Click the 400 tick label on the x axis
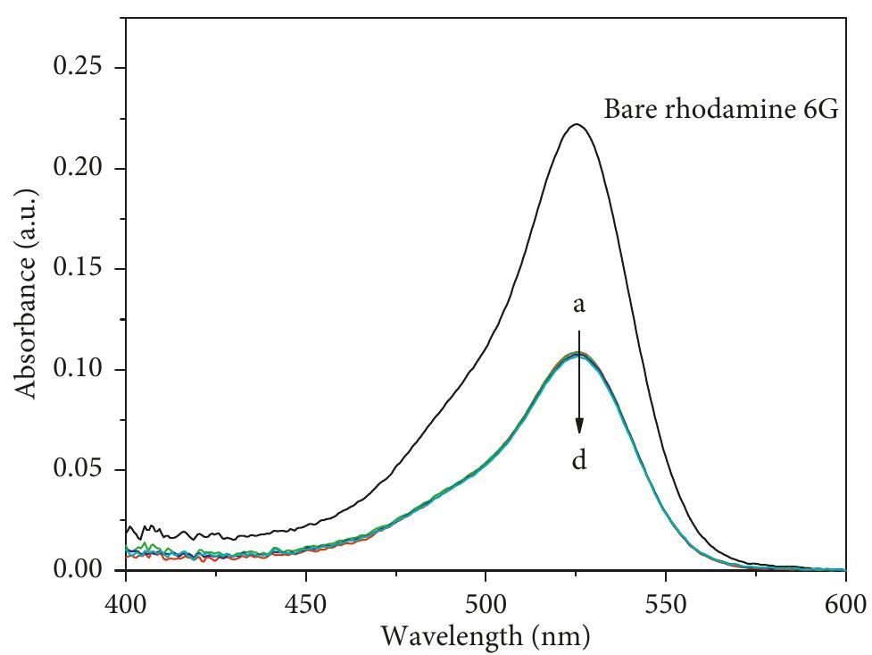click(127, 605)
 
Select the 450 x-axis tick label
click(306, 605)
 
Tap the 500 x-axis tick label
click(486, 605)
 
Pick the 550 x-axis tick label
click(666, 605)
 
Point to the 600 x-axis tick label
click(845, 605)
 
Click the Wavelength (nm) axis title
click(486, 636)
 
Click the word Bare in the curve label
click(630, 111)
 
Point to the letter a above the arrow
click(579, 306)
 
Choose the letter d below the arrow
click(579, 462)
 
